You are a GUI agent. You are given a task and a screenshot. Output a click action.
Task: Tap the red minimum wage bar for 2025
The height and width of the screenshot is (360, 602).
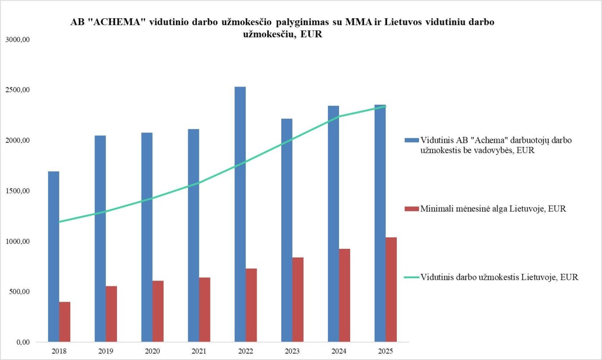tap(391, 289)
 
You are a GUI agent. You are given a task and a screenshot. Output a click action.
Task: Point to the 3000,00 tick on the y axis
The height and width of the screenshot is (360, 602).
tap(17, 39)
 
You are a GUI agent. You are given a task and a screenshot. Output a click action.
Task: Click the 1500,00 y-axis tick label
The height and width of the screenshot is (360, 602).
tap(17, 191)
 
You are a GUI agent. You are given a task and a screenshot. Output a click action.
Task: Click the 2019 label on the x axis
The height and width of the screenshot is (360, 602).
tap(105, 351)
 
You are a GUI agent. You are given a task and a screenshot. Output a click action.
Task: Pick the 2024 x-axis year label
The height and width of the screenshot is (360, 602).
tap(339, 351)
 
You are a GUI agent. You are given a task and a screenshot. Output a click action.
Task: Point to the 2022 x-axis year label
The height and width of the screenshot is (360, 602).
tap(246, 351)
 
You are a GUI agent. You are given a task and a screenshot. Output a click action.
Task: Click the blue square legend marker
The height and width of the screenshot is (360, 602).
tap(411, 140)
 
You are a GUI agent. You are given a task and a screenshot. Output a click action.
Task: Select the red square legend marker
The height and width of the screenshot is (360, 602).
tap(411, 209)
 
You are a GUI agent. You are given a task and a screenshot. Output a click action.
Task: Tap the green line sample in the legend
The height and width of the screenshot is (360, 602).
tap(411, 277)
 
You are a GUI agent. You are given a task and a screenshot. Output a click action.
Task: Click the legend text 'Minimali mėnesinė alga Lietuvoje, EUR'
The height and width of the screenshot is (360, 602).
tap(493, 209)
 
